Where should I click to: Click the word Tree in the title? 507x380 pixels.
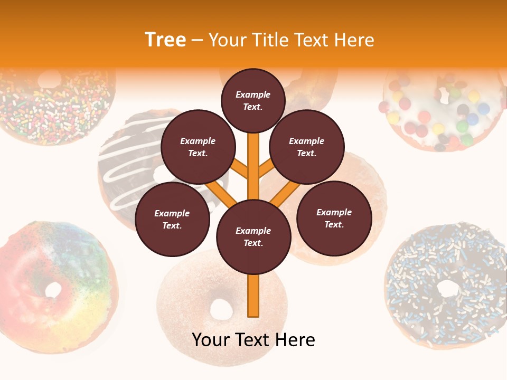165,40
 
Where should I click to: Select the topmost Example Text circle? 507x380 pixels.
253,100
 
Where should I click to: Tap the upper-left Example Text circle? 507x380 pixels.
198,147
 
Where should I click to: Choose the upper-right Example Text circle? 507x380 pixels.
307,147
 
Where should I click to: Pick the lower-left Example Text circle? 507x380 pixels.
172,220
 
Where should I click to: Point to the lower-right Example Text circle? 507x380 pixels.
334,218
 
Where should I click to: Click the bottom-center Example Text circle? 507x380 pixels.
253,237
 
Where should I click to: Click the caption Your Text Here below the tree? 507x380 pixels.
253,340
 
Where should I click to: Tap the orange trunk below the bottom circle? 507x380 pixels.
253,296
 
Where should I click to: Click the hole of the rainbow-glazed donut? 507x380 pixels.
53,289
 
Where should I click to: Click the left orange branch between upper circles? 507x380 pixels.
239,169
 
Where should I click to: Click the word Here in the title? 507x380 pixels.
354,40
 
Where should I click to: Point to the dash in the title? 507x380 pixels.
197,41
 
